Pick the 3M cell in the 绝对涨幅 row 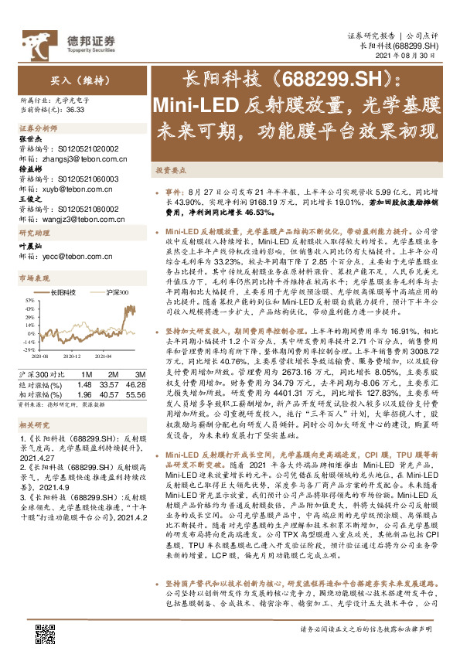[136, 383]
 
